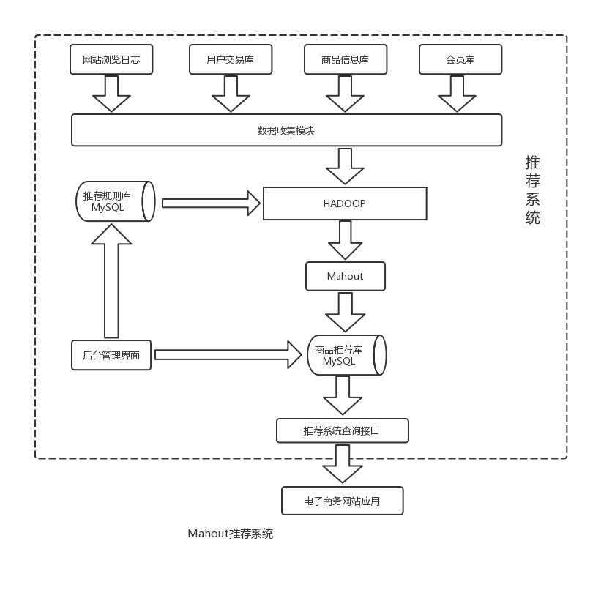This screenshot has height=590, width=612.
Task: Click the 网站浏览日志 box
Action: [111, 60]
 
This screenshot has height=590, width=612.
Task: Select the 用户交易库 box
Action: [231, 60]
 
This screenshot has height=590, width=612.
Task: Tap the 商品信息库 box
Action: [345, 60]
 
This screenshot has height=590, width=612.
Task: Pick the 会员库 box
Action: [460, 60]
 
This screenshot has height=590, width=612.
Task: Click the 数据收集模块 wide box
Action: [286, 130]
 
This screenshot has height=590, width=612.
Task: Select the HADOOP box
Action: [345, 203]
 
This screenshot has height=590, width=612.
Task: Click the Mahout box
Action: [345, 276]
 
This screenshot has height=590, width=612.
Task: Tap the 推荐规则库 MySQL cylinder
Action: [115, 201]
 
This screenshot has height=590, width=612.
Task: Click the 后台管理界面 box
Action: [111, 355]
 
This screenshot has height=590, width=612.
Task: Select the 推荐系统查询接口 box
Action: [342, 430]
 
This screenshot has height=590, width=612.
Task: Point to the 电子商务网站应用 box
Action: [342, 501]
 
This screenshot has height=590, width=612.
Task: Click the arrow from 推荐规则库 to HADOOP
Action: [211, 203]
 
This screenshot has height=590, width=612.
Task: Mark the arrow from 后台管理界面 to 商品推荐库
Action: [228, 355]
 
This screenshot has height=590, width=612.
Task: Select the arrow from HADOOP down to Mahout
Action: [345, 240]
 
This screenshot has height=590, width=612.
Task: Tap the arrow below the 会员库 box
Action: [457, 93]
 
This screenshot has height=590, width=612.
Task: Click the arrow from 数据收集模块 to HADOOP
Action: [345, 165]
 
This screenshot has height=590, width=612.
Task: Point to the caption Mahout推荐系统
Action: [230, 534]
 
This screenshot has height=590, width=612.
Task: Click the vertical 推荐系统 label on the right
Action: [532, 190]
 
